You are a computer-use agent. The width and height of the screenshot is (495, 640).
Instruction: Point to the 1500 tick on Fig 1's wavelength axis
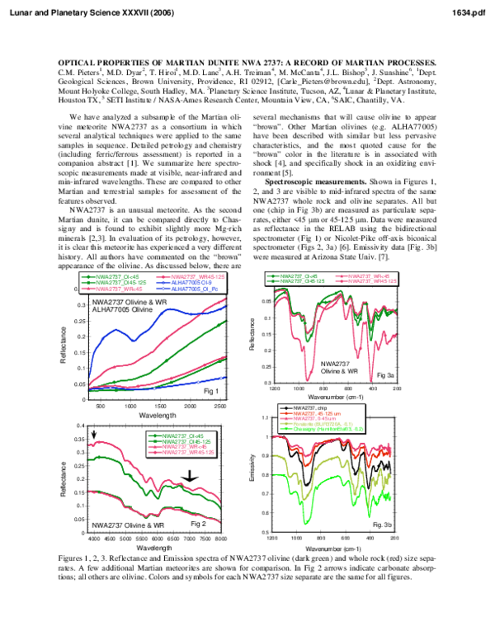pyautogui.click(x=160, y=407)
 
